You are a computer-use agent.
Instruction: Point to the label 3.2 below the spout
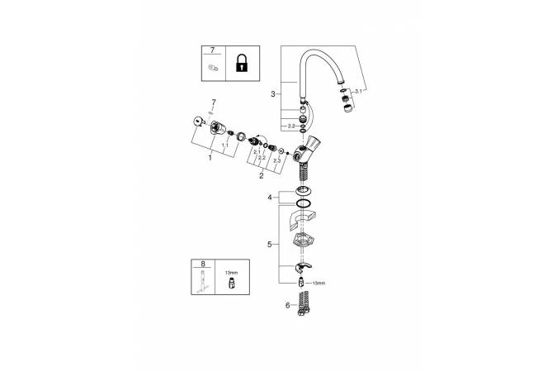[291, 126]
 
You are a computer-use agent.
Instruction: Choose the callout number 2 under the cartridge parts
[262, 175]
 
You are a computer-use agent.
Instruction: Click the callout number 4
[269, 198]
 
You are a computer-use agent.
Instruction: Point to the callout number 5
[269, 245]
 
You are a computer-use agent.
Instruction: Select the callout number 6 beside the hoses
[288, 304]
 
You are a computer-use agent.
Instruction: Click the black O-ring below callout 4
[304, 203]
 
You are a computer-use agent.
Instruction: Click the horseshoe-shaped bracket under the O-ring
[302, 223]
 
